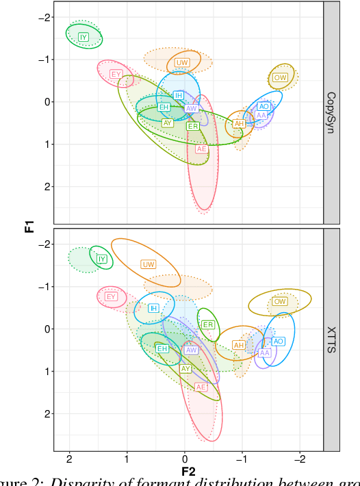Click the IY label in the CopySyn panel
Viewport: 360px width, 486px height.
(x=83, y=37)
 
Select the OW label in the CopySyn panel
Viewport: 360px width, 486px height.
(x=280, y=77)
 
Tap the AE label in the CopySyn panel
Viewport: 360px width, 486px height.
(x=201, y=149)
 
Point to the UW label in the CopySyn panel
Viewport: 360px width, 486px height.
(x=182, y=62)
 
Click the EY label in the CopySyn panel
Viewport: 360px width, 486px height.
(x=116, y=74)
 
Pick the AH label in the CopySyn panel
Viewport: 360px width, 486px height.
(x=239, y=123)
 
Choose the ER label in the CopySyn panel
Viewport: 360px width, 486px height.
(x=193, y=126)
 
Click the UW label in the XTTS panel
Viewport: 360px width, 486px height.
(x=148, y=264)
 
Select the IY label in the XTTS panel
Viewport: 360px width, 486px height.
(x=102, y=259)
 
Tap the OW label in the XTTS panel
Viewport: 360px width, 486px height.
(x=280, y=301)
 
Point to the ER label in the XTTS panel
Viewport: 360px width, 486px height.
(x=208, y=324)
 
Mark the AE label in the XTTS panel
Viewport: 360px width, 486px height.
(x=201, y=387)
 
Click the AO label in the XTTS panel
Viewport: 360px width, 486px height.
(x=278, y=341)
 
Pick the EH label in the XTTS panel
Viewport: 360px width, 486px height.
(x=162, y=348)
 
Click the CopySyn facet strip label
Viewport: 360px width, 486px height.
(x=331, y=112)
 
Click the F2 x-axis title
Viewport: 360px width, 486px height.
(x=188, y=471)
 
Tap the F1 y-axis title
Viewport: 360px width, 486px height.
(x=29, y=225)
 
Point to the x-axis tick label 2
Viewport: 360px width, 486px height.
(x=69, y=459)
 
